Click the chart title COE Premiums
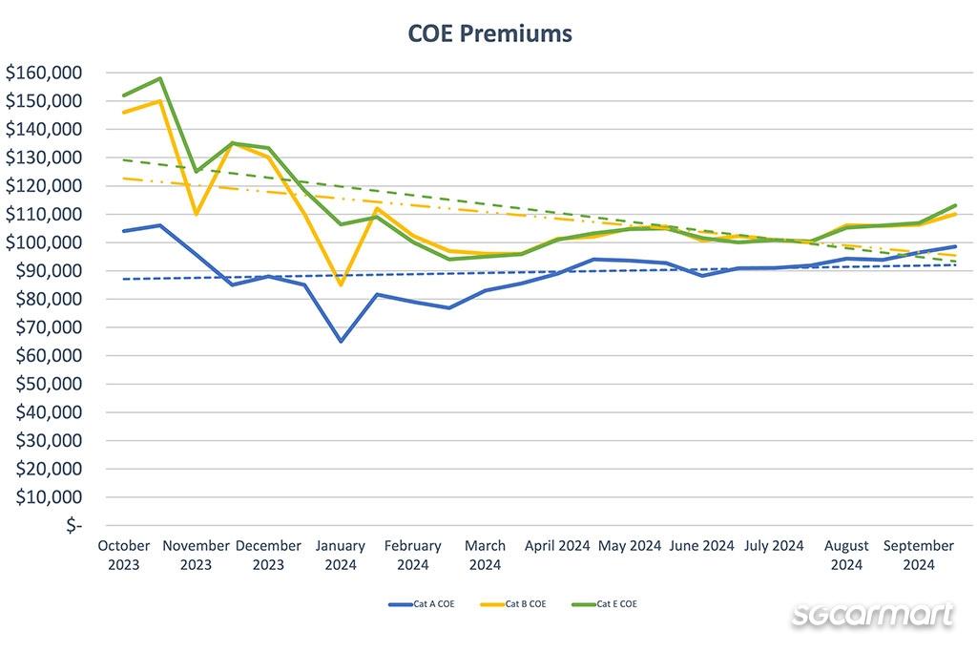489,33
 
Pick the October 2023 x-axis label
124,555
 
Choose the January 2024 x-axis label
341,555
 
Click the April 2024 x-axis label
557,546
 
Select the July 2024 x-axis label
774,546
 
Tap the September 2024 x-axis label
918,555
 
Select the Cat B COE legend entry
515,603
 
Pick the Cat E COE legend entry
606,603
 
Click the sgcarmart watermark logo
872,614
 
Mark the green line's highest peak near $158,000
160,78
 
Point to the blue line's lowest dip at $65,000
341,341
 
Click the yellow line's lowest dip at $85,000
341,284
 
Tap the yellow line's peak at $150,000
160,100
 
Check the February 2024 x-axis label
413,555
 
